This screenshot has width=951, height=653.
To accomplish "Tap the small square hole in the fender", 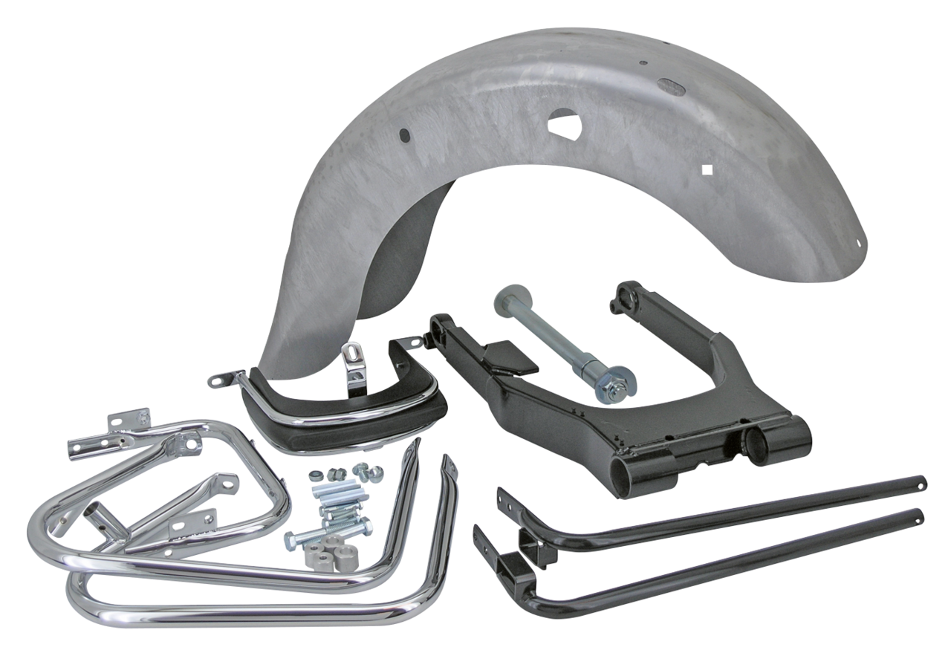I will pyautogui.click(x=707, y=171).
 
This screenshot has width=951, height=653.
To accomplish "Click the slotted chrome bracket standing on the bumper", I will pyautogui.click(x=354, y=375).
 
